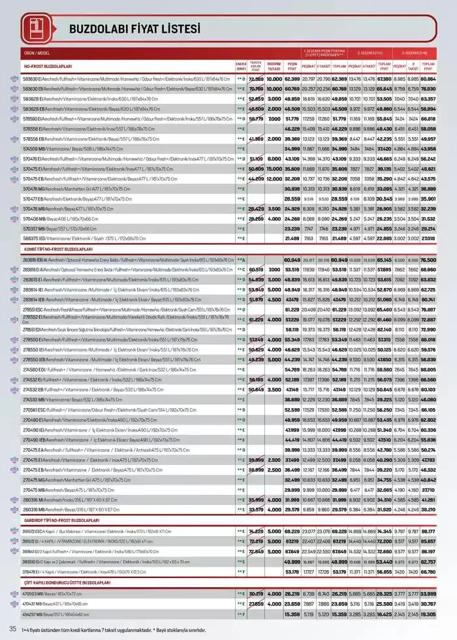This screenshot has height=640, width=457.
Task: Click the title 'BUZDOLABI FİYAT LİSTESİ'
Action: point(134,29)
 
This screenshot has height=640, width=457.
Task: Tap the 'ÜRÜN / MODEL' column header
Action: point(37,54)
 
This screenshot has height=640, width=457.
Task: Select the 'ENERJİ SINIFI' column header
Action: point(240,66)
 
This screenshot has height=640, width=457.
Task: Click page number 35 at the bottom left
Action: point(12,628)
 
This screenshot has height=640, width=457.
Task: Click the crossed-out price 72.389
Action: point(256,79)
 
